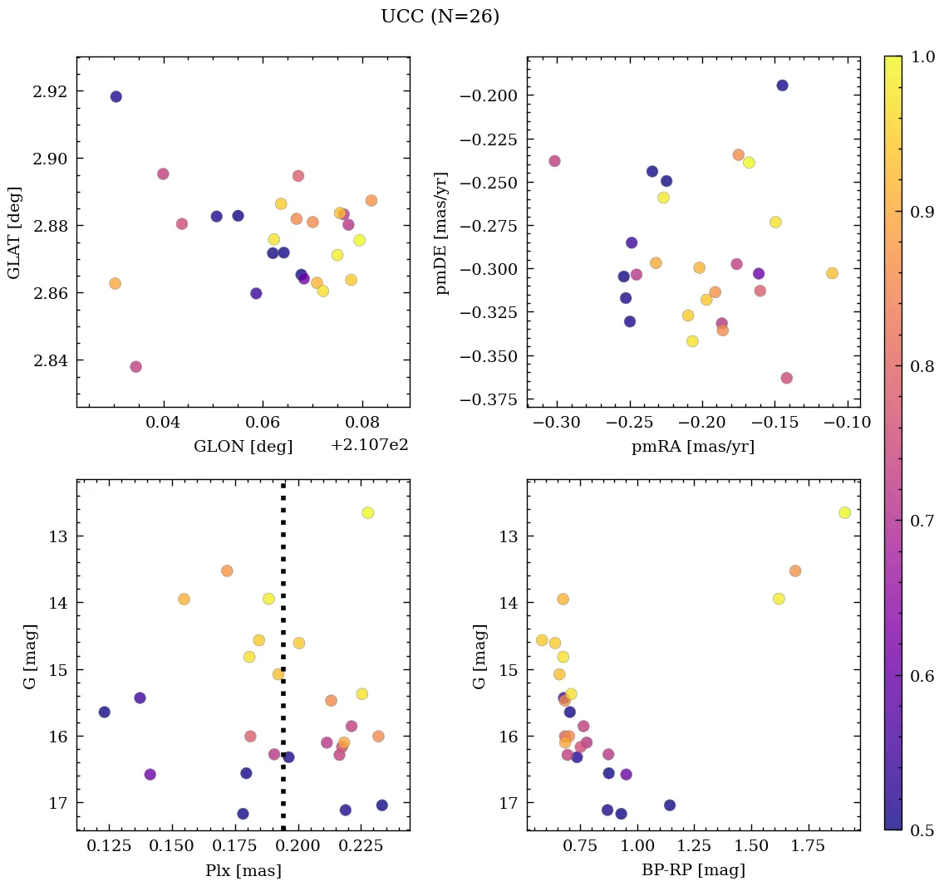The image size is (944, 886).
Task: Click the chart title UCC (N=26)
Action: [440, 17]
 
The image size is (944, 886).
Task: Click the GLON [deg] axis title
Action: [243, 447]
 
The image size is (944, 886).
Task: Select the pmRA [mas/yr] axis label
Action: [693, 447]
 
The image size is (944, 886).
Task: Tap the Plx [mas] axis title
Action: [243, 870]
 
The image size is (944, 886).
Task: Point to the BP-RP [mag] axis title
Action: [693, 870]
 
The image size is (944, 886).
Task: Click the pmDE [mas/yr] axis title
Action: [442, 233]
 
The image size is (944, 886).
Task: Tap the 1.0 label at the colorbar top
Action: [922, 56]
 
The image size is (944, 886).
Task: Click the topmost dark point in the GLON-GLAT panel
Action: [116, 96]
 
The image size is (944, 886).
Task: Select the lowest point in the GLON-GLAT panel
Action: [135, 366]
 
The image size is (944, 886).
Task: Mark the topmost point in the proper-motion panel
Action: [782, 86]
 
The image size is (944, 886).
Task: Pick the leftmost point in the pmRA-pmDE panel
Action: [554, 161]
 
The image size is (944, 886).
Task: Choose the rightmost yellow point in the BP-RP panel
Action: [844, 512]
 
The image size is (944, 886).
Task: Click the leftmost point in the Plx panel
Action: [104, 712]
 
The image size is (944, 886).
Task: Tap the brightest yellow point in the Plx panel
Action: [367, 512]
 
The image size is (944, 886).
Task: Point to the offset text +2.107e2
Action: [369, 446]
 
